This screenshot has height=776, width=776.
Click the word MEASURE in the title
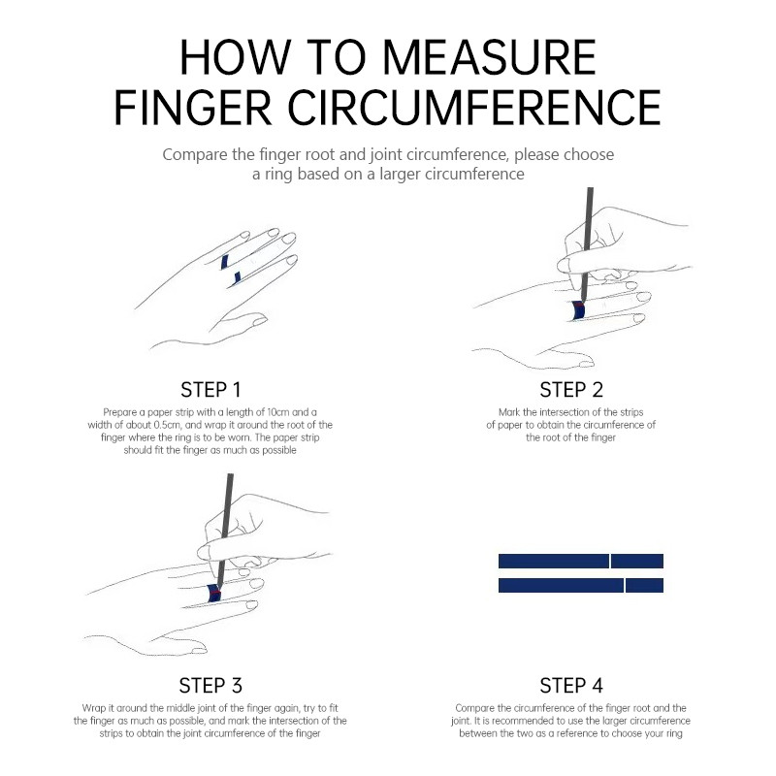[x=490, y=57]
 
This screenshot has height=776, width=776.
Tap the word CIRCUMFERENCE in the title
[x=474, y=108]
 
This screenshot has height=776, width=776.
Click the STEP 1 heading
[x=210, y=390]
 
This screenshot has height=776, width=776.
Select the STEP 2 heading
[x=571, y=390]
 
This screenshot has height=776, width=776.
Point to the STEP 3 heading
[x=210, y=686]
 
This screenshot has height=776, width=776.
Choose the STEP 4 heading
[x=571, y=686]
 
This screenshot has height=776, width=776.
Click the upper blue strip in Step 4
[x=580, y=562]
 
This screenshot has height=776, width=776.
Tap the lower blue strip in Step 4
[x=580, y=586]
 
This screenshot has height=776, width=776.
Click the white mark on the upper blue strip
[x=610, y=562]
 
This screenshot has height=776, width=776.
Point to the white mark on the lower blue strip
[x=625, y=586]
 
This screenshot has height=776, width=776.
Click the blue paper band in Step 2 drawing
[x=578, y=310]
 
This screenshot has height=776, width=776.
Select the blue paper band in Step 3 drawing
[x=214, y=593]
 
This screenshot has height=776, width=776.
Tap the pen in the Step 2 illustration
[x=587, y=244]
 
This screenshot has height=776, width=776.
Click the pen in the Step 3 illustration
[x=224, y=529]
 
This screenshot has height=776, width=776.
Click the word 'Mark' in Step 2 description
[x=509, y=412]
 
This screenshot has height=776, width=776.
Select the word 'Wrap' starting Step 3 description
[x=93, y=708]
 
